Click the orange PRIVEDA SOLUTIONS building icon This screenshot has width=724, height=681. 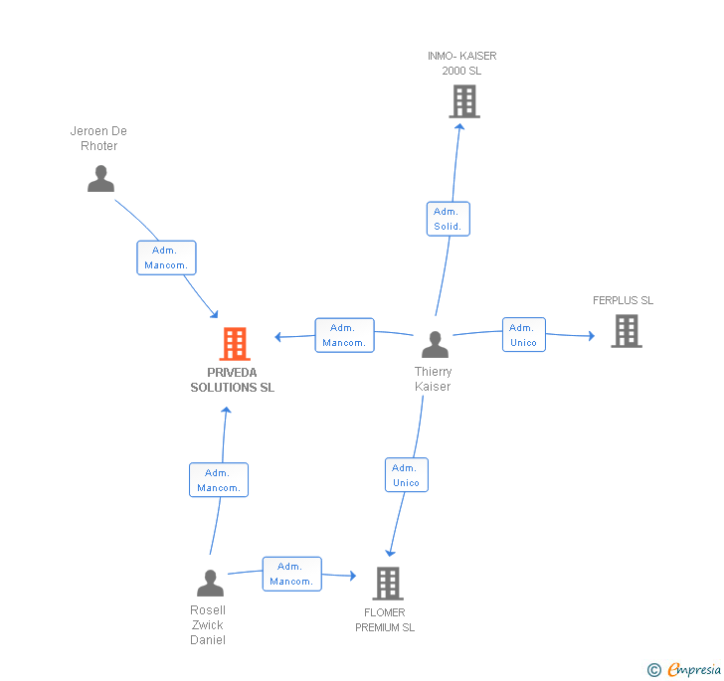[x=235, y=344]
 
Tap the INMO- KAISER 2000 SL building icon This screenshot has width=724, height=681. [x=463, y=101]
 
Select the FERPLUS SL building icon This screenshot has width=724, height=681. [x=627, y=331]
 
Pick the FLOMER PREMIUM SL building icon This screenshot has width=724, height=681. [x=387, y=584]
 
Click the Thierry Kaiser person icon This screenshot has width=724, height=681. [x=435, y=344]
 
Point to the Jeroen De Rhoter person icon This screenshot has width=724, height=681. [x=100, y=179]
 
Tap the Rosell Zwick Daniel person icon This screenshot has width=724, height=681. [x=210, y=583]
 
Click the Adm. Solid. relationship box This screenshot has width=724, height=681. [x=448, y=219]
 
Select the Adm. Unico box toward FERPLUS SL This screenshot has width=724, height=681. [x=523, y=335]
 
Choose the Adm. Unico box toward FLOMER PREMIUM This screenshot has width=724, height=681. [x=406, y=475]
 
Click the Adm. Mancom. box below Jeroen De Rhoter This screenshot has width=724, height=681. [x=166, y=257]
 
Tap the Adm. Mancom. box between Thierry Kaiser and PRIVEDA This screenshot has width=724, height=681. [x=344, y=335]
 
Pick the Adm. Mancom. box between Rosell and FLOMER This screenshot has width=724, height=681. [x=291, y=574]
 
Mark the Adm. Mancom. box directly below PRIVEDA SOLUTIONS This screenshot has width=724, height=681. [x=219, y=480]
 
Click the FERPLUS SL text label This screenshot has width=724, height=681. [x=623, y=300]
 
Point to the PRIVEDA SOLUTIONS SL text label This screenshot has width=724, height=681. [x=233, y=381]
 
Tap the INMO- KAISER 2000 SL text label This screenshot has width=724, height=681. [x=462, y=64]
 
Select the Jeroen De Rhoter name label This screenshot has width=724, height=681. [x=98, y=138]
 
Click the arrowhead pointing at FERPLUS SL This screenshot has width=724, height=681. [x=590, y=337]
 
